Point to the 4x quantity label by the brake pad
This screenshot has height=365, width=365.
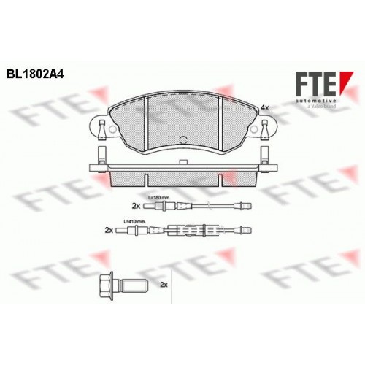click(265, 107)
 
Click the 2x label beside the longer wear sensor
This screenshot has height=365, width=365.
click(109, 230)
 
